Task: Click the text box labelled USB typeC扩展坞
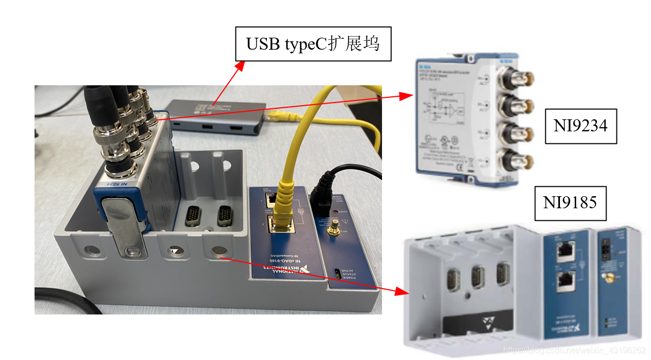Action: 312,44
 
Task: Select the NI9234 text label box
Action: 581,126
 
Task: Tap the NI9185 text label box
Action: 570,203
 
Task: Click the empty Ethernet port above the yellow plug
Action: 272,199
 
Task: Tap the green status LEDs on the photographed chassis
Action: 337,273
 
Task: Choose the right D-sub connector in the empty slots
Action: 225,215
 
